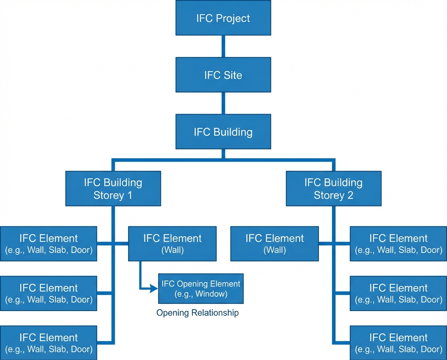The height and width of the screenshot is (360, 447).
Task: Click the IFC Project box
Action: click(x=223, y=18)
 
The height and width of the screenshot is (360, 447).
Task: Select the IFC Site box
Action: click(x=223, y=75)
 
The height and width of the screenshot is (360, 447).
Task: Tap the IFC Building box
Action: click(x=223, y=132)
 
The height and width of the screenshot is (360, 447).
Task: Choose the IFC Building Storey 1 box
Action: click(x=113, y=189)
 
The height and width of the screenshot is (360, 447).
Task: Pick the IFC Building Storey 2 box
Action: click(x=333, y=189)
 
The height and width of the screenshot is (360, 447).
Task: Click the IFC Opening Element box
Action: click(x=201, y=288)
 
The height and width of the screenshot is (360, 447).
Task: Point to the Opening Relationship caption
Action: click(x=197, y=313)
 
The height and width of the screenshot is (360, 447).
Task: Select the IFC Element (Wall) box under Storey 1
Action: click(x=172, y=244)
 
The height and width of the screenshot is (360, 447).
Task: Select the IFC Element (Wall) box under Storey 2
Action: click(x=274, y=244)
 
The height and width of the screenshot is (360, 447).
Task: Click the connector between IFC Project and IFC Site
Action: click(x=223, y=46)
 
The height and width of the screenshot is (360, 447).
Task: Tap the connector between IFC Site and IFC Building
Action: click(x=223, y=103)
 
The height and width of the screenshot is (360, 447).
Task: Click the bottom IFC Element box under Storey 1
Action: click(x=49, y=343)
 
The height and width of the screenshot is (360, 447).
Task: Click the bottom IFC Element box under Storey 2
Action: click(x=398, y=343)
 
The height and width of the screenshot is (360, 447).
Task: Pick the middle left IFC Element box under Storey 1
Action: click(x=49, y=293)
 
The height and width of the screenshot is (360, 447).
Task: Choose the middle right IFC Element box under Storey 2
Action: click(x=398, y=293)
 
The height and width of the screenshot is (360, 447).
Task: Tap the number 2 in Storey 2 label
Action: click(x=350, y=195)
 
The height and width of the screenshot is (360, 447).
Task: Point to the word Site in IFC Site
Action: click(x=232, y=75)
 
